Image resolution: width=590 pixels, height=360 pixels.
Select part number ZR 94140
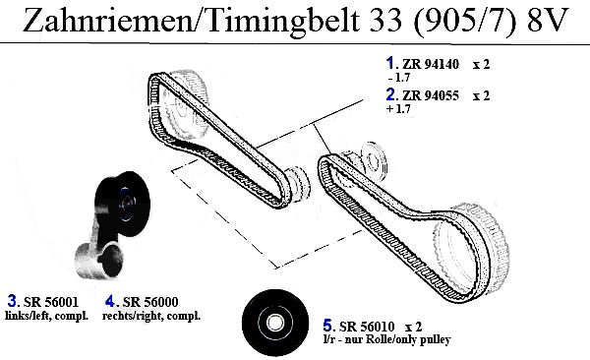tap(431, 64)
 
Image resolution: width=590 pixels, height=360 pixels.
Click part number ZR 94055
tap(431, 95)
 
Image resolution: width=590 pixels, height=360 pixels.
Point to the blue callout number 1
tap(389, 63)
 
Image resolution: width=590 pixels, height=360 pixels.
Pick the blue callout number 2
tap(390, 94)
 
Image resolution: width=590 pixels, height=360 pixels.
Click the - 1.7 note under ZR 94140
tap(398, 78)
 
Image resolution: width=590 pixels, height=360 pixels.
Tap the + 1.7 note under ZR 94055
tap(398, 109)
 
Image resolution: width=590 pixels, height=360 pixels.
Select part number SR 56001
tap(51, 302)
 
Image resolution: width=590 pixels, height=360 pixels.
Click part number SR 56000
tap(150, 302)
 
